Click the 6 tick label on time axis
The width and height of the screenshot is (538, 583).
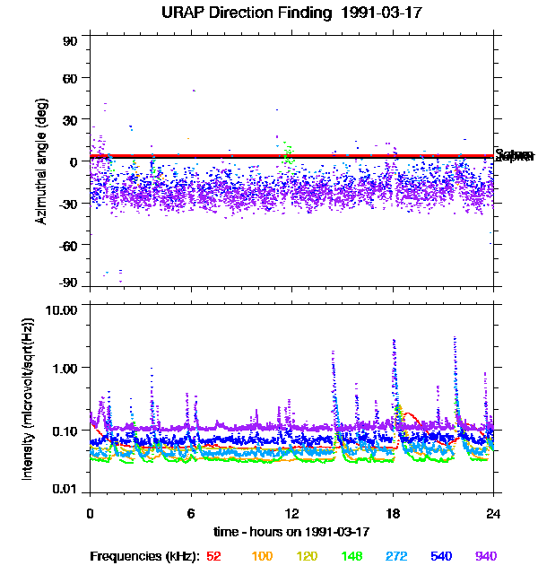click(x=190, y=514)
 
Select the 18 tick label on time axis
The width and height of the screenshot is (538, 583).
click(x=393, y=514)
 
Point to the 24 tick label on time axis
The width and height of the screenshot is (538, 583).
click(x=493, y=514)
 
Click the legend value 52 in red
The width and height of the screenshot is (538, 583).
click(x=213, y=556)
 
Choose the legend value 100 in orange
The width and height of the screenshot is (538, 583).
click(x=262, y=556)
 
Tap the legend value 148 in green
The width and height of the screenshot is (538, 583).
click(x=351, y=556)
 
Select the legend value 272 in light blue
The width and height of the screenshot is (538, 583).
click(x=396, y=556)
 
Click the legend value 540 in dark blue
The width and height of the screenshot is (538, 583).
click(x=441, y=556)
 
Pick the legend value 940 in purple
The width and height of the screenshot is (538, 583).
click(x=485, y=556)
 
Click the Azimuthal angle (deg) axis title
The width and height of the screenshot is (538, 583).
click(x=41, y=161)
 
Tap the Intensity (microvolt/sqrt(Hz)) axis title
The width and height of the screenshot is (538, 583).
click(x=29, y=398)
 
